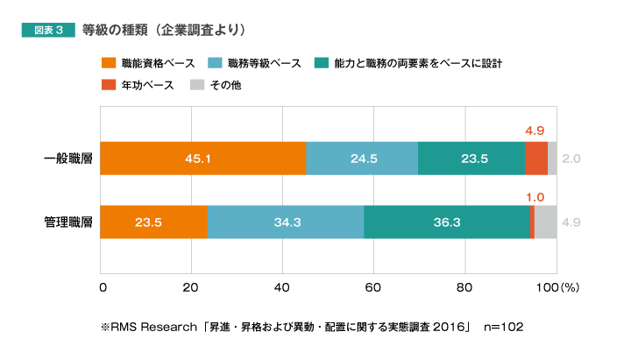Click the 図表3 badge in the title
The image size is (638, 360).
(x=47, y=30)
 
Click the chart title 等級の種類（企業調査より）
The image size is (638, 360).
(x=163, y=30)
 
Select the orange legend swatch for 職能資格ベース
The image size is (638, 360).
(x=110, y=63)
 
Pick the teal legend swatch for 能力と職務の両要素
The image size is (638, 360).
(x=323, y=63)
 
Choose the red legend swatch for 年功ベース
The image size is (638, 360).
(x=110, y=85)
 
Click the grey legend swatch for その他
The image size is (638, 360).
(x=198, y=85)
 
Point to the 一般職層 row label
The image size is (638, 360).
(x=68, y=159)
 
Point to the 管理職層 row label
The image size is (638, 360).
(x=68, y=222)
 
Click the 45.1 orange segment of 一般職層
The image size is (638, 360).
(x=203, y=159)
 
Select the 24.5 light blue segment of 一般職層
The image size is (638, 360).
(x=362, y=159)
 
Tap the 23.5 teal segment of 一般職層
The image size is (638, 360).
(x=471, y=159)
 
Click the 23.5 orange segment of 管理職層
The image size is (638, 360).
(x=154, y=222)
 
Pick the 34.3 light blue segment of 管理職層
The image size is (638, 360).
(x=286, y=222)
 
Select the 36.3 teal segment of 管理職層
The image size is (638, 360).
(x=447, y=222)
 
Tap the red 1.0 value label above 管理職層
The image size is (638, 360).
(x=535, y=196)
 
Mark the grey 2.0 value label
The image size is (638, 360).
(x=571, y=159)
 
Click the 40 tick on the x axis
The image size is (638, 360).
(x=283, y=286)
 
